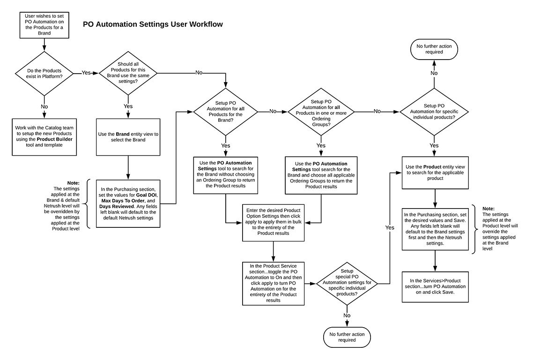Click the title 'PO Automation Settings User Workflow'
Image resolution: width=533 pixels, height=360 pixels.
[x=153, y=24]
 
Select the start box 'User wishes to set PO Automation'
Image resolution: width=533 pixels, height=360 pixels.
[x=44, y=24]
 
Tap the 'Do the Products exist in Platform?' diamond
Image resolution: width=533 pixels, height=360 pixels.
[x=44, y=73]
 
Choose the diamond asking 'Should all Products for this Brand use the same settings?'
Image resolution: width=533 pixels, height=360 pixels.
[x=128, y=73]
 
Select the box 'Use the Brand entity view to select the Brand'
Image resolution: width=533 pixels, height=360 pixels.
[x=128, y=137]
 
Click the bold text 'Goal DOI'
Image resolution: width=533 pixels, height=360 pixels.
[x=148, y=195]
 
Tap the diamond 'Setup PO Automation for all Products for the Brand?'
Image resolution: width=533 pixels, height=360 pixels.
[x=226, y=112]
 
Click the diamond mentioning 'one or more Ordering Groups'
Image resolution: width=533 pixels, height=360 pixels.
[x=321, y=112]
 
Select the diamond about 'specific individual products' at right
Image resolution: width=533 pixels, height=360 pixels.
[x=434, y=112]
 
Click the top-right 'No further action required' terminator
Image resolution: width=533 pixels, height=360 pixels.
[x=434, y=49]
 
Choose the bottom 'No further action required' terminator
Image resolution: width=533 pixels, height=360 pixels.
[x=347, y=337]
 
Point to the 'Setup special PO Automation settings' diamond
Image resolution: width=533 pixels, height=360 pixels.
[x=347, y=283]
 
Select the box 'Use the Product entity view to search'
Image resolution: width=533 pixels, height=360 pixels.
[x=436, y=172]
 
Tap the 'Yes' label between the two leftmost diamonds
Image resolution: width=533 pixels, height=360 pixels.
[x=86, y=73]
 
